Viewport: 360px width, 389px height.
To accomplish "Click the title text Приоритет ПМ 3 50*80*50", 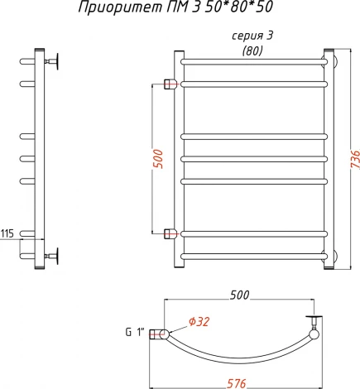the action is click(175, 7).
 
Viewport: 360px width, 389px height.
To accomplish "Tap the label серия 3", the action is click(252, 36).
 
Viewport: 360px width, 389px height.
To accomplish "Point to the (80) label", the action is click(252, 50).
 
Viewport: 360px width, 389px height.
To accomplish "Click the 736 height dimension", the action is click(355, 159).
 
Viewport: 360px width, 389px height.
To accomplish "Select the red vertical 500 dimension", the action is click(158, 159).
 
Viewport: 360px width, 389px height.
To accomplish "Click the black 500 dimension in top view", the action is click(239, 295).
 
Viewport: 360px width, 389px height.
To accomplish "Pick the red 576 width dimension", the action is click(237, 384).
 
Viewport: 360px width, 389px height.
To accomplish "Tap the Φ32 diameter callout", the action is click(199, 322).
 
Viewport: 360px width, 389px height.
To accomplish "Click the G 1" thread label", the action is click(135, 333).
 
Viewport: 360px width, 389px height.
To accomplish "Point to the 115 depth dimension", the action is click(7, 233).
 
